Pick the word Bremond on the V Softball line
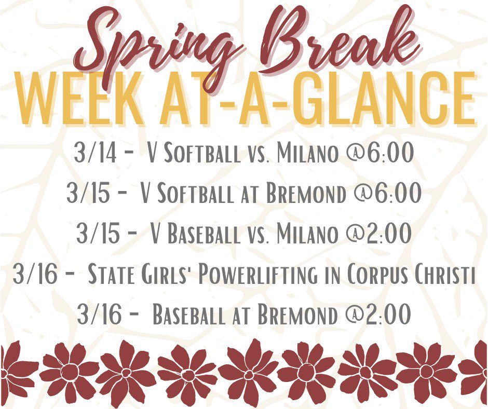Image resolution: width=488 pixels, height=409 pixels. click(x=306, y=194)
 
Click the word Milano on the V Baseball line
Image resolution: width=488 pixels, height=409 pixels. click(x=307, y=234)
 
